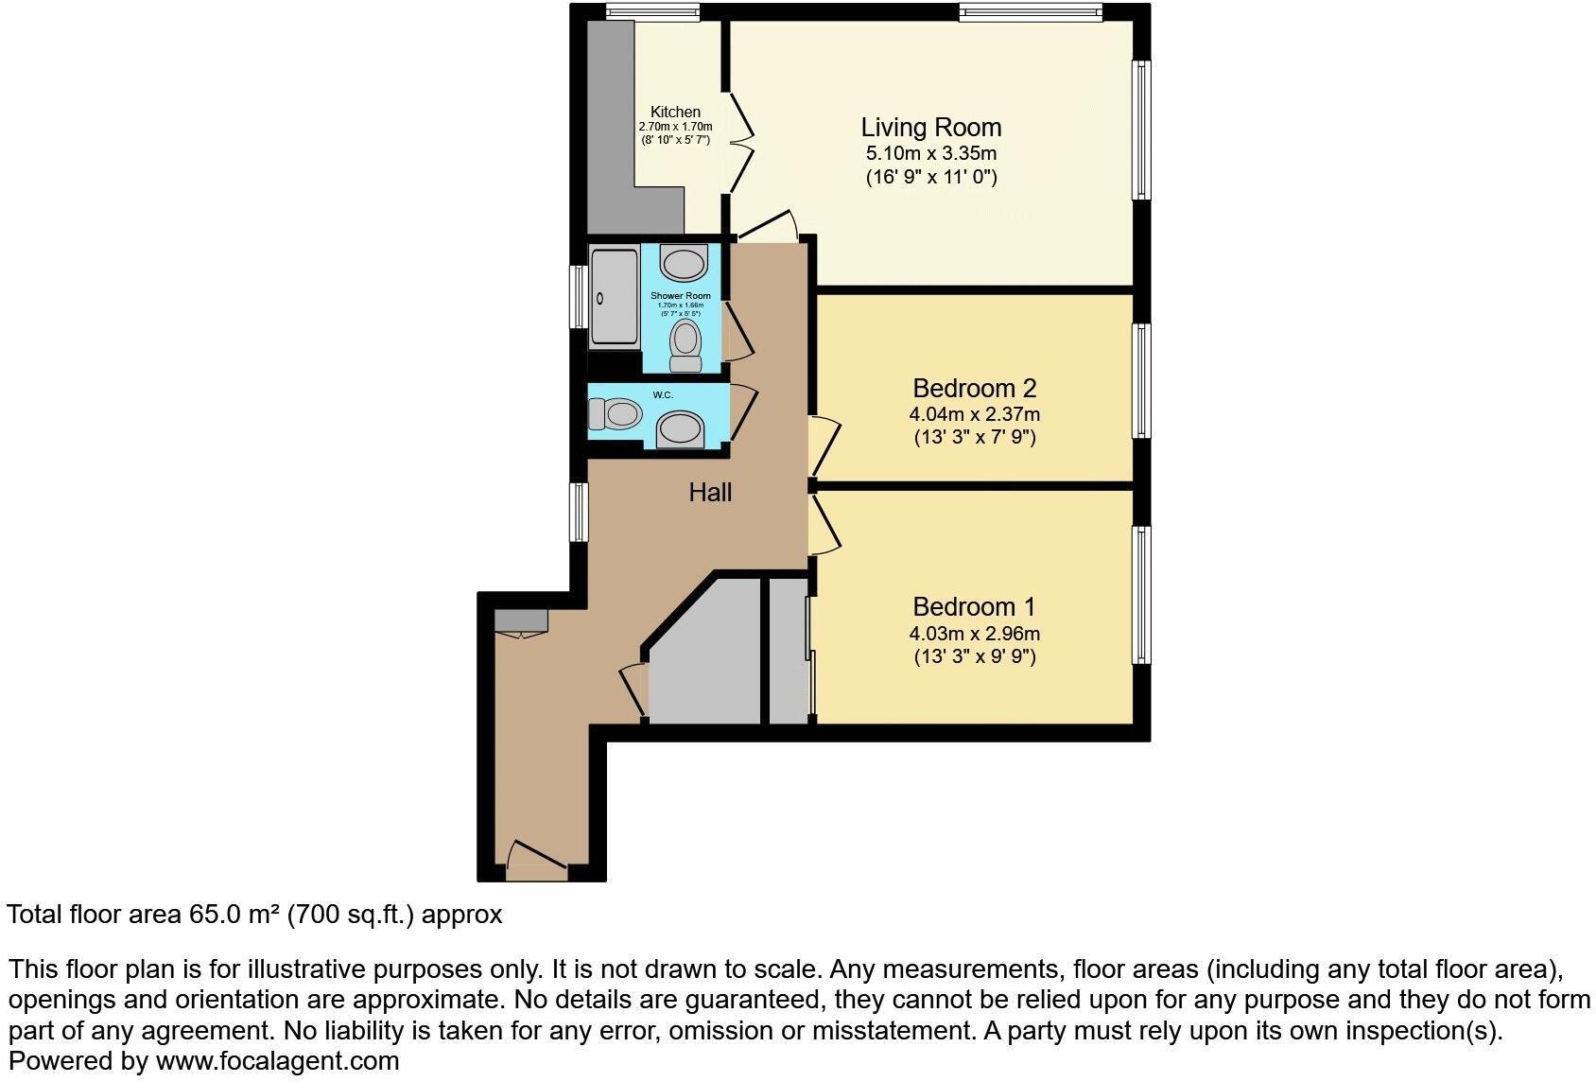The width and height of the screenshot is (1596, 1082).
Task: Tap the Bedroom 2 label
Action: (x=974, y=388)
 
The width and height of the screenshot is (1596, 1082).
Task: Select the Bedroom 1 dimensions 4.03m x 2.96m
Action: (x=974, y=634)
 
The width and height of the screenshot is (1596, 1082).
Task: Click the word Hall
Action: (x=710, y=492)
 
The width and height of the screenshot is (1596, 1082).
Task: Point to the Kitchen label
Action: (x=675, y=112)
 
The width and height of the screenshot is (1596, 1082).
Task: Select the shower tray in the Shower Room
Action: (x=614, y=297)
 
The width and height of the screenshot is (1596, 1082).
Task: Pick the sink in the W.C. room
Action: (x=681, y=429)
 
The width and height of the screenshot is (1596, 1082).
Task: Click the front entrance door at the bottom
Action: (x=537, y=855)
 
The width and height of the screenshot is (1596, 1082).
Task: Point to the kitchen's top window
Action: (x=652, y=12)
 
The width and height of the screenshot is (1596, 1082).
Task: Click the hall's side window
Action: (x=578, y=512)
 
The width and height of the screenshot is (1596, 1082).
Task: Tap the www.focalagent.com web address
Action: (x=277, y=1061)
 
